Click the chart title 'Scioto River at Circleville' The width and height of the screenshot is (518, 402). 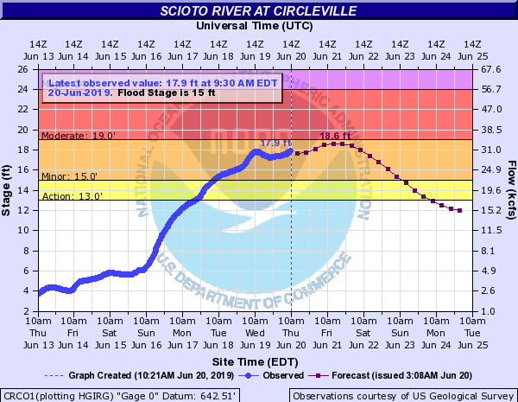coord(259,11)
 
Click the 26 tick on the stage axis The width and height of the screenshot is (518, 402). coord(27,69)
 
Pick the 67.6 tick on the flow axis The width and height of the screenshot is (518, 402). coord(491,69)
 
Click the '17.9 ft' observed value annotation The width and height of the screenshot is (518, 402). coord(275,143)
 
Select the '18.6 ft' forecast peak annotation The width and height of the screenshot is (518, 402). coord(335,136)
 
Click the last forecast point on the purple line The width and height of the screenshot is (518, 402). coord(459,210)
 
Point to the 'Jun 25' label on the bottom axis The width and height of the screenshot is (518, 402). coord(472,343)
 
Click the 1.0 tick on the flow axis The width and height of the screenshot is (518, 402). coord(489,310)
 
